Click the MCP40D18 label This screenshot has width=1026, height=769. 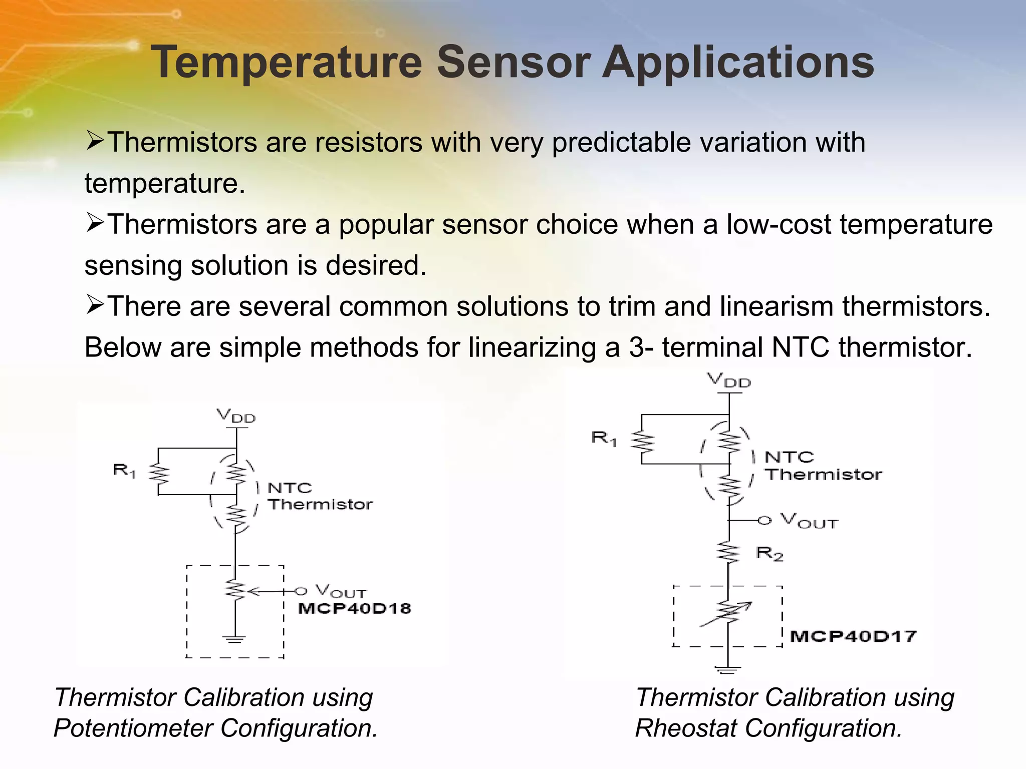coord(355,608)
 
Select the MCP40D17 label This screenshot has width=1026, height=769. coord(853,636)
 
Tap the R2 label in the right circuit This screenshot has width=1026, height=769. coord(769,554)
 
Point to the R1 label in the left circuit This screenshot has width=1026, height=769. coord(124,470)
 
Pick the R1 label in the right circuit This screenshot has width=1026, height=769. coord(603,438)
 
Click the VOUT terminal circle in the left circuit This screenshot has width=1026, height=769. coord(300,591)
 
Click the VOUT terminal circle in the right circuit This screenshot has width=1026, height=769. coord(764,521)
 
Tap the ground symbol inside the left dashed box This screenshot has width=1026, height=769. coord(234,639)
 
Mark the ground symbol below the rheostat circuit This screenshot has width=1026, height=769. coord(728,670)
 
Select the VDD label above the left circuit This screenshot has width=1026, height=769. coord(235,416)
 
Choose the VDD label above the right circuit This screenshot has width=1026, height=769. coord(729,380)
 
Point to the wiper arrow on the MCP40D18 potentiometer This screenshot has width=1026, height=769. coord(255,592)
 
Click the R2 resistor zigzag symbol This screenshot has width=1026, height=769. coord(728,552)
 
